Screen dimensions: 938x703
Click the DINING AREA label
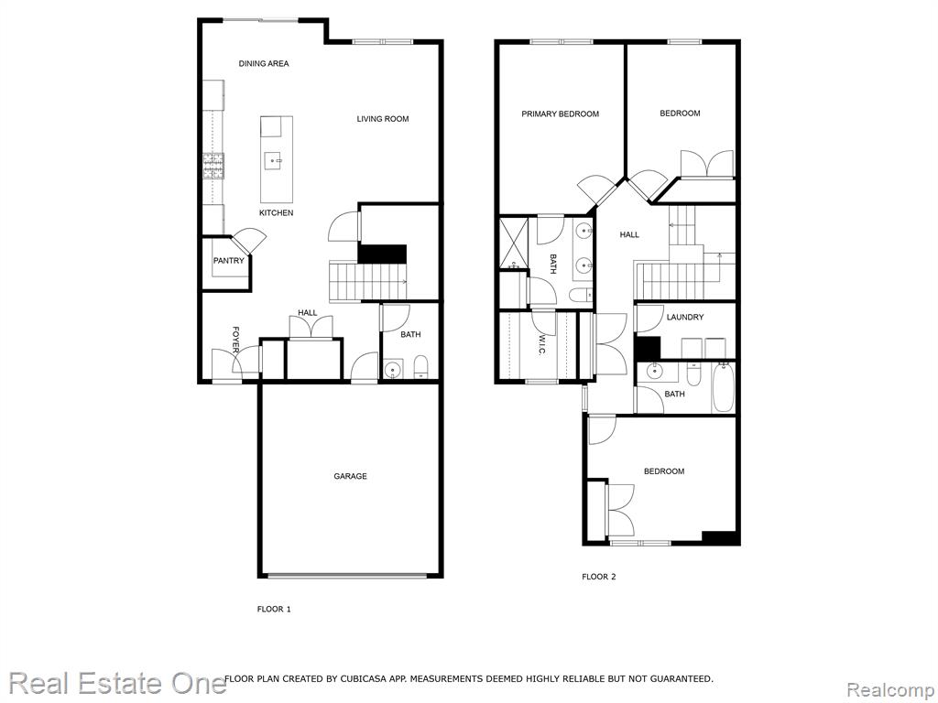point(264,63)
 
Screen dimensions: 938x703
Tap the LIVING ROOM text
point(383,119)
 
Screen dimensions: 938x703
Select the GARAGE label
point(350,476)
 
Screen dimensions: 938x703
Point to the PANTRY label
point(228,261)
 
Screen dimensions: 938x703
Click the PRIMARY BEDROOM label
point(560,114)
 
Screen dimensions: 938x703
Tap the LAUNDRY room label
point(685,317)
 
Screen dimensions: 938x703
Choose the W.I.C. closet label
point(541,345)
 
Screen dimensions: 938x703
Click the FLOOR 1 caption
point(274,609)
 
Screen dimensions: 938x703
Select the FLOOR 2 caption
point(599,577)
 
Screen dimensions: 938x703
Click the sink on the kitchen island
point(274,160)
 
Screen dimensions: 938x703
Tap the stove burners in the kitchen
point(213,167)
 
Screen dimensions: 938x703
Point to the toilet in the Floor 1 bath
point(420,367)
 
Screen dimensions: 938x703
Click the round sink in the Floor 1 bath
point(392,370)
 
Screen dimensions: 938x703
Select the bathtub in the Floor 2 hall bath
point(723,387)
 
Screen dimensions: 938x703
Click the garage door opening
point(347,577)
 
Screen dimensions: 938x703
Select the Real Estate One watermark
point(117,683)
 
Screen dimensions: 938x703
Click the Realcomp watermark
point(890,690)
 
